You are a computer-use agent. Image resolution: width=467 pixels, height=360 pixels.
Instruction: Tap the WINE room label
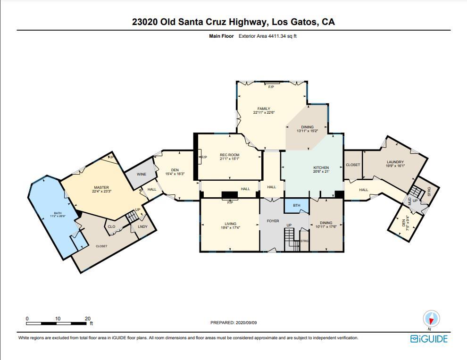coord(142,174)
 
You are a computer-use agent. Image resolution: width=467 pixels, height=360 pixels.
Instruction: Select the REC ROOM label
coord(229,155)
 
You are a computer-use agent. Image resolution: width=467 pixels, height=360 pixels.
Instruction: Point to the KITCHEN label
coord(321,167)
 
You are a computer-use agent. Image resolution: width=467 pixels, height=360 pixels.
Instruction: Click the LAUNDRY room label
coord(396,162)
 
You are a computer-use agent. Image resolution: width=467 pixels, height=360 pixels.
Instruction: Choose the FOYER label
coord(273,221)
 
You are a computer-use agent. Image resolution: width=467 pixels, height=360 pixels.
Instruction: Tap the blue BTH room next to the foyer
coord(296,206)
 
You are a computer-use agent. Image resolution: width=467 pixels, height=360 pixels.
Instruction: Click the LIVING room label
coord(230,224)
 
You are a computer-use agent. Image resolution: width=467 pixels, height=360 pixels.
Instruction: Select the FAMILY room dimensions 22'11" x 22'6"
coord(264,112)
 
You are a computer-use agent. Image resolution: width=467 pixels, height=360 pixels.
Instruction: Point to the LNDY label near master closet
coord(142,227)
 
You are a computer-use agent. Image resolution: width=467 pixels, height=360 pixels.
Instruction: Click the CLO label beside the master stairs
coord(111,226)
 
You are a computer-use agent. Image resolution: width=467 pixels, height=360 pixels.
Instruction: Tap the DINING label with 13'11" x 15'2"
coord(307,127)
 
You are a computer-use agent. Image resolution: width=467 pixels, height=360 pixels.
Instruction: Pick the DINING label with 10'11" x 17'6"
coord(326,223)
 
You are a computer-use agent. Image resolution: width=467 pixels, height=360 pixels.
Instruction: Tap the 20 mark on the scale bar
coord(88,318)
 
